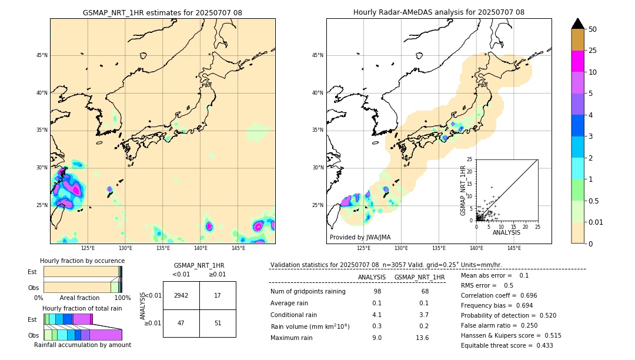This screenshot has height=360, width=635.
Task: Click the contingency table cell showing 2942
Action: pyautogui.click(x=181, y=295)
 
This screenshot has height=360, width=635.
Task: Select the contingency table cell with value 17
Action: pyautogui.click(x=218, y=295)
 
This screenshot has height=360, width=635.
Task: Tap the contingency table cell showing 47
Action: pyautogui.click(x=181, y=323)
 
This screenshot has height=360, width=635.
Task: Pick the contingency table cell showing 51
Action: pyautogui.click(x=218, y=323)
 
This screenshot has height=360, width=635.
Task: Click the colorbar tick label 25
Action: pyautogui.click(x=593, y=51)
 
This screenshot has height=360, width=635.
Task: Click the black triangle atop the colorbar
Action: pyautogui.click(x=578, y=24)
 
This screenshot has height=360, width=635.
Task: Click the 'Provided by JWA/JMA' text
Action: pyautogui.click(x=360, y=237)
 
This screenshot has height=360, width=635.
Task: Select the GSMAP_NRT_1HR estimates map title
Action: pyautogui.click(x=162, y=12)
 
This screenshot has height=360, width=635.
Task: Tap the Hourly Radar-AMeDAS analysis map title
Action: pyautogui.click(x=439, y=12)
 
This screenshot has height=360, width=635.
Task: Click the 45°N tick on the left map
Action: pyautogui.click(x=42, y=55)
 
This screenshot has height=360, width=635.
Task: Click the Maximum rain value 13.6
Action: pyautogui.click(x=422, y=338)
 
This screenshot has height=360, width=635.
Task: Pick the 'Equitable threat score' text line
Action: pyautogui.click(x=507, y=345)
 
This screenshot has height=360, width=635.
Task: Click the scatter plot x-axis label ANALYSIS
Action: pyautogui.click(x=507, y=233)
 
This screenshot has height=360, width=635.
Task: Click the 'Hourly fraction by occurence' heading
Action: pyautogui.click(x=82, y=261)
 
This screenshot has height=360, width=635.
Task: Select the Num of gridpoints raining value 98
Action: pyautogui.click(x=377, y=292)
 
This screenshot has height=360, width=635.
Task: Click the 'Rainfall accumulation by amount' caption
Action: pyautogui.click(x=82, y=345)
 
